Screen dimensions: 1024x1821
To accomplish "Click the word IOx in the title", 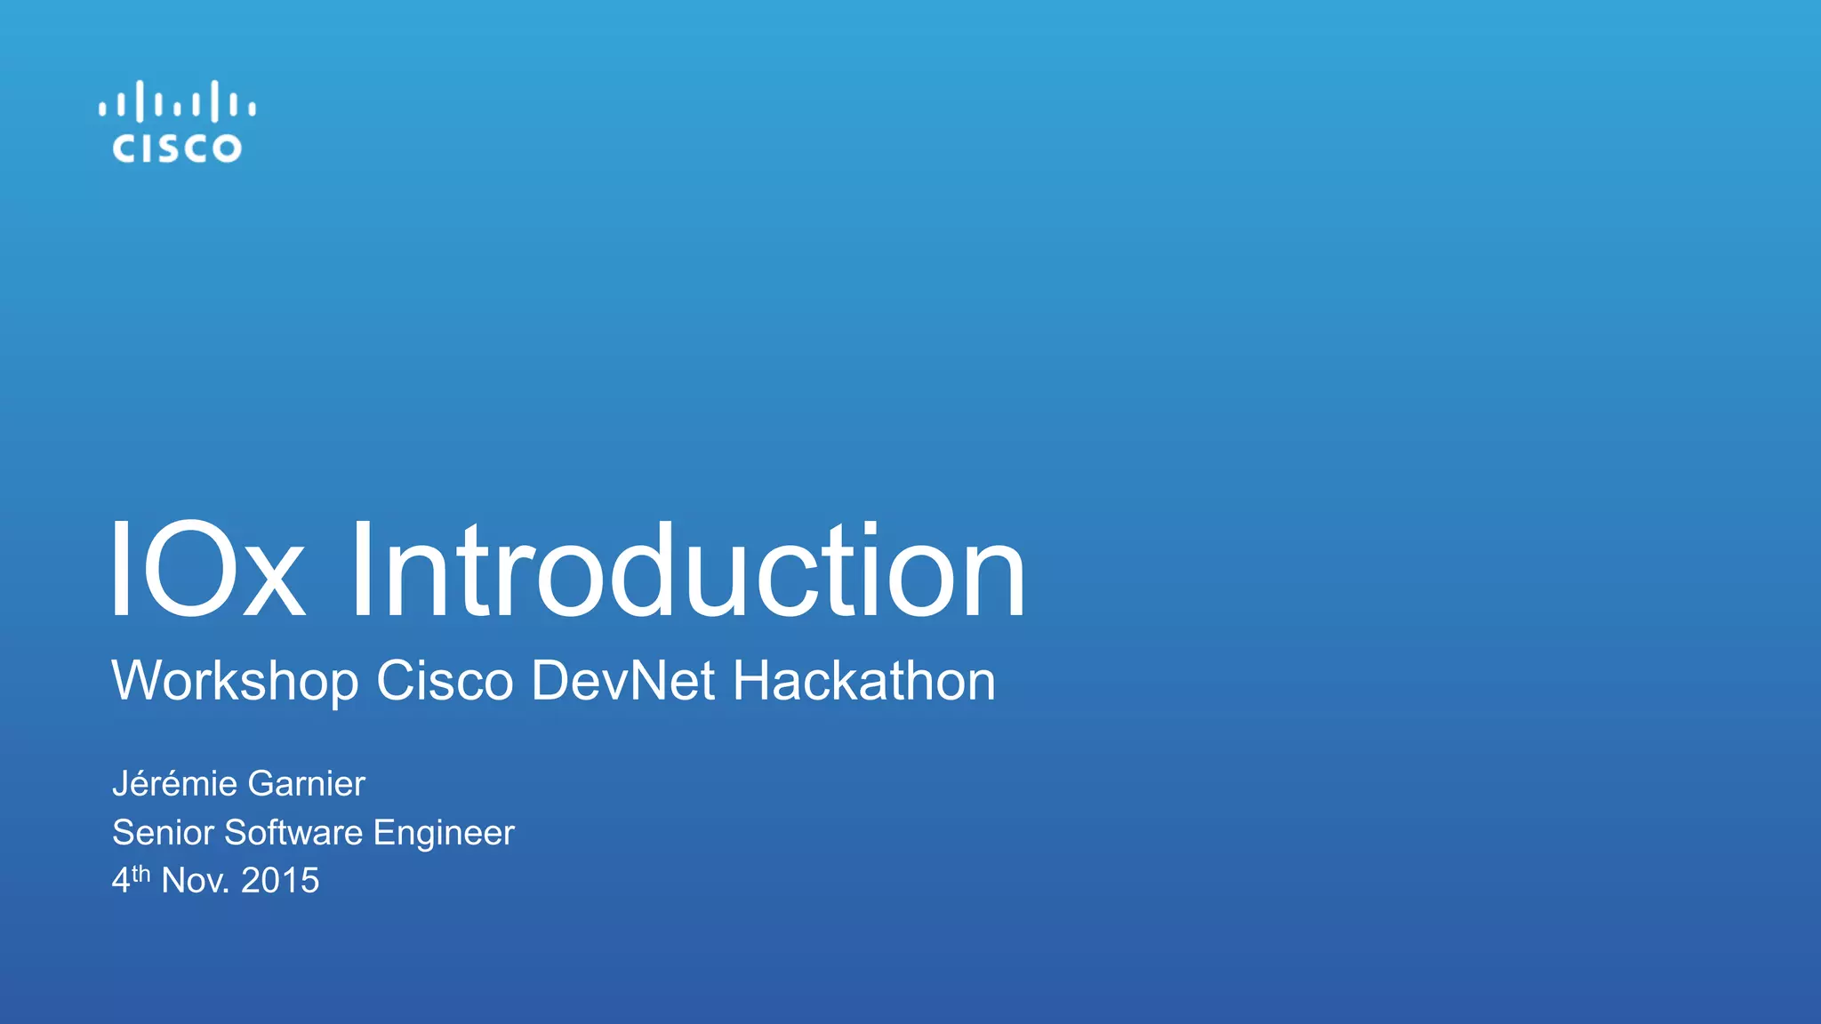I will click(207, 570).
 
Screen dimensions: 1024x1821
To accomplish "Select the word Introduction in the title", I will click(688, 570).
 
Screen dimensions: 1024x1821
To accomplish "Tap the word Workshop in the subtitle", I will click(235, 682).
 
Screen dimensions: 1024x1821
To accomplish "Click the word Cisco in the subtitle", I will click(445, 682).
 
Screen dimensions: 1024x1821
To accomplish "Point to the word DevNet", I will click(623, 682).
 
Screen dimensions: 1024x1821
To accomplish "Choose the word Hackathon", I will click(863, 682).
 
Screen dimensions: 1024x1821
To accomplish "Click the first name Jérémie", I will click(175, 784).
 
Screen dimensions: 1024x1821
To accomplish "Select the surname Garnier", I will click(307, 784).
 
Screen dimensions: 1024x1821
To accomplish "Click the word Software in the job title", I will click(293, 833).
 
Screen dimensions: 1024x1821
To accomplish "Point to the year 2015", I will click(280, 881).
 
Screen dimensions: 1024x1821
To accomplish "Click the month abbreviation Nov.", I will click(195, 881).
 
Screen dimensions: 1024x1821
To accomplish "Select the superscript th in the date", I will click(141, 875).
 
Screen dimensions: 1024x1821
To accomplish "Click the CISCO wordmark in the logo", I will click(177, 148).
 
